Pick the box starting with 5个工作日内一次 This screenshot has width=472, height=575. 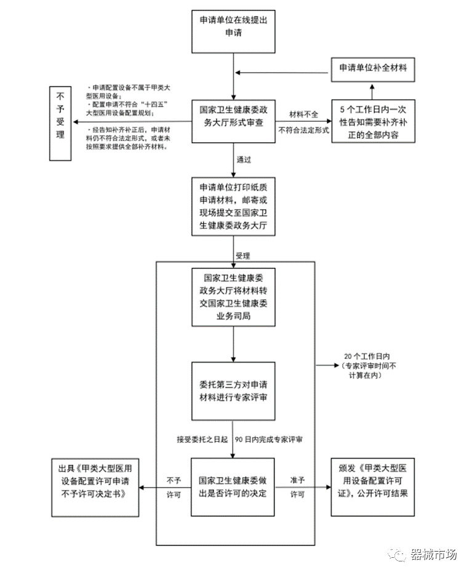pyautogui.click(x=373, y=121)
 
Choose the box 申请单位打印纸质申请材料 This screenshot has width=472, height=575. pyautogui.click(x=233, y=207)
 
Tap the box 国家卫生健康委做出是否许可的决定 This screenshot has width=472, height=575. pyautogui.click(x=233, y=486)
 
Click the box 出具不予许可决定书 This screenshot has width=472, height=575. pyautogui.click(x=95, y=486)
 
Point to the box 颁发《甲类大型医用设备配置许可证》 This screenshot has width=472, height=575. pyautogui.click(x=373, y=486)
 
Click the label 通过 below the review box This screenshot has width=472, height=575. pyautogui.click(x=244, y=159)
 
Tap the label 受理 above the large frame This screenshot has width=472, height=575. pyautogui.click(x=243, y=254)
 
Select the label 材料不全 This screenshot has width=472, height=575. pyautogui.click(x=304, y=115)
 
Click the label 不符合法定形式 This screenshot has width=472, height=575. pyautogui.click(x=303, y=131)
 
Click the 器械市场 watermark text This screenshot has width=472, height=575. pyautogui.click(x=434, y=554)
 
